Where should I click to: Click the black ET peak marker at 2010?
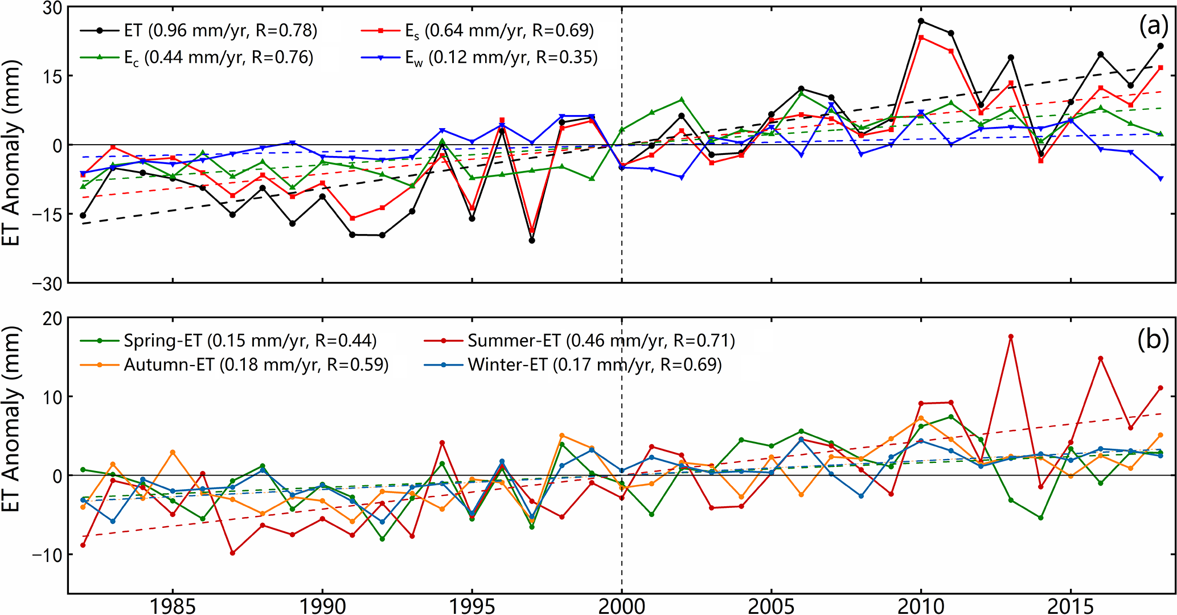tap(921, 21)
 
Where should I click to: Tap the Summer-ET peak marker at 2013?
tap(1011, 337)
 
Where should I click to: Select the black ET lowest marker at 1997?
tap(532, 240)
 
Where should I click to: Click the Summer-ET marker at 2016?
tap(1100, 359)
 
